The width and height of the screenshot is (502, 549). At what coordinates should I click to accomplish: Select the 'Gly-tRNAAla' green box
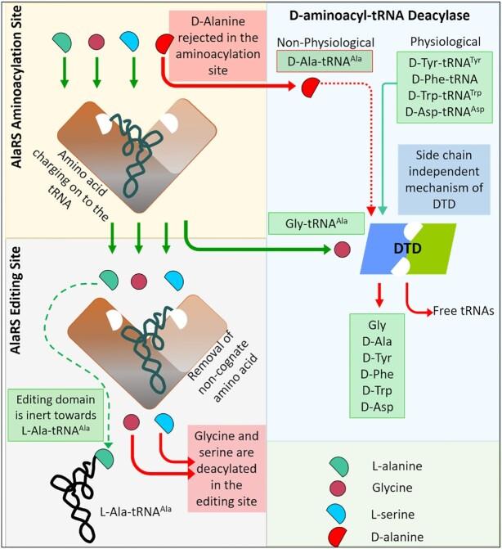tap(303, 222)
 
